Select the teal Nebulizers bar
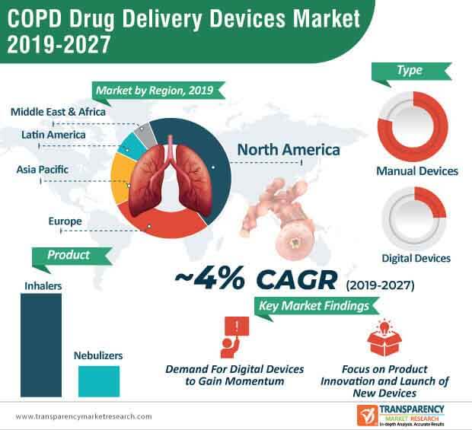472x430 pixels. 98,381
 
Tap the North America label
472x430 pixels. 289,150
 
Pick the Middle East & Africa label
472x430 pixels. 58,112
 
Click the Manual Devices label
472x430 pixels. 417,171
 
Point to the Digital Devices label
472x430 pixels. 416,258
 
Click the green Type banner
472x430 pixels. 410,71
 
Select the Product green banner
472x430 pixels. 69,255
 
